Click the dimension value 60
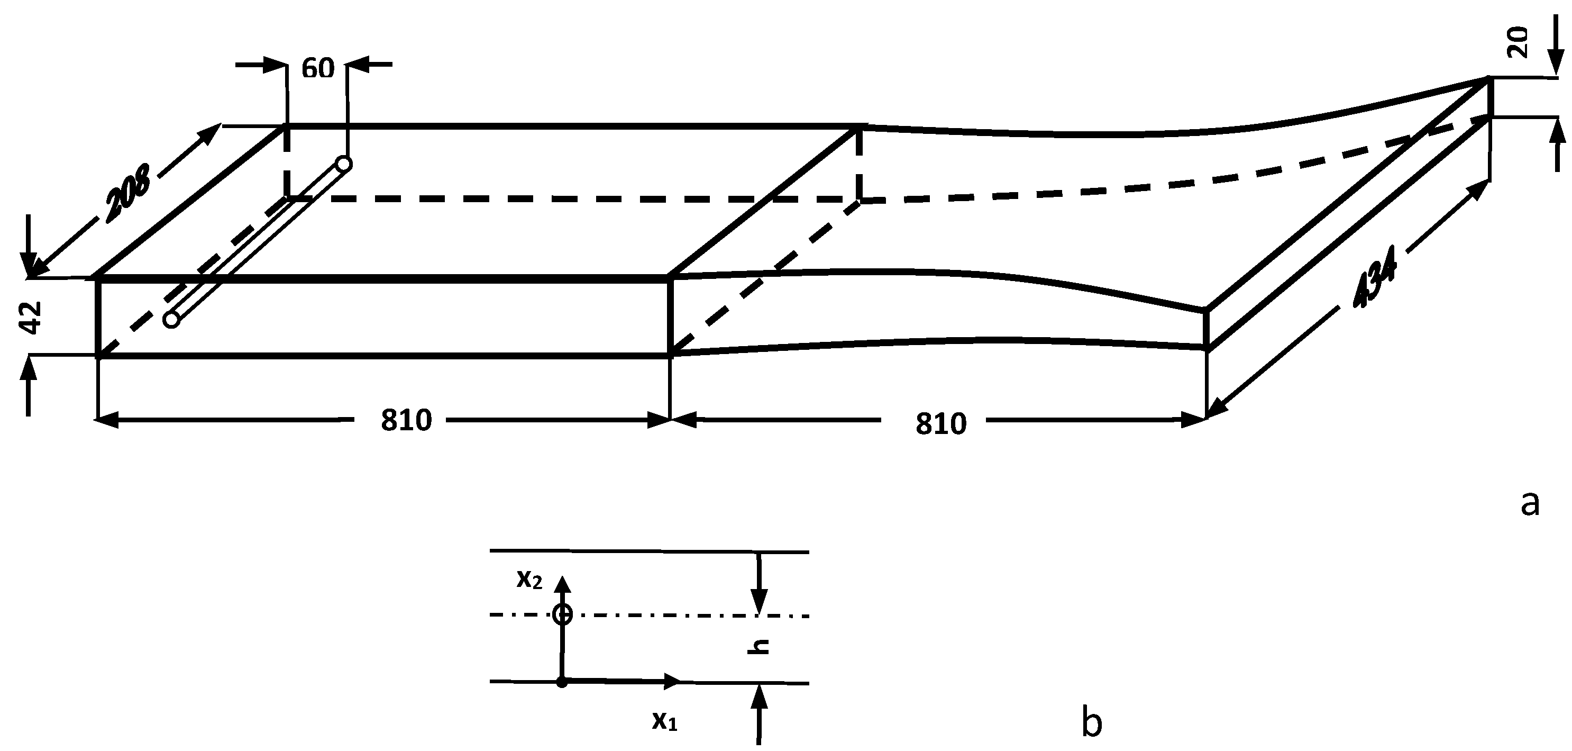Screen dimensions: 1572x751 (x=318, y=69)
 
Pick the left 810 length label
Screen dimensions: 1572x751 (x=406, y=420)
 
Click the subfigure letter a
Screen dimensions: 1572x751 (x=1529, y=504)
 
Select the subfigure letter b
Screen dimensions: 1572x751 (x=1091, y=722)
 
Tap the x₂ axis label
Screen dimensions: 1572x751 (x=528, y=580)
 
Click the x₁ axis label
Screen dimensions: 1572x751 (x=664, y=722)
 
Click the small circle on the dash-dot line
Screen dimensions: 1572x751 (x=562, y=614)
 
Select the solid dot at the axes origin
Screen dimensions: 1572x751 (x=562, y=682)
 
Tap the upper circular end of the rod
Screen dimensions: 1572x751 (x=344, y=164)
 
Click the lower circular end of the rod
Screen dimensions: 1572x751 (x=172, y=319)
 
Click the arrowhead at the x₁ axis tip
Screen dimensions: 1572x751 (x=672, y=681)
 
